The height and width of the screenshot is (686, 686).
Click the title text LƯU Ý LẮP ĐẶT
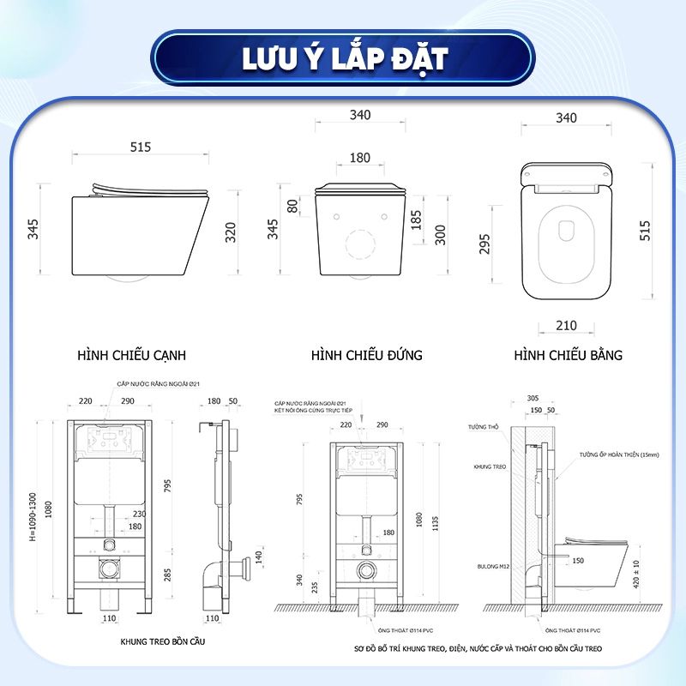(342, 58)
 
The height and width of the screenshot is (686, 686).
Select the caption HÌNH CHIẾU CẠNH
(132, 354)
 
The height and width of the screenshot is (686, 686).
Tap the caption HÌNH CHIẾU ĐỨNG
(367, 354)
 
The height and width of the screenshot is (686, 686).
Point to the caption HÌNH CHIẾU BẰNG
(569, 354)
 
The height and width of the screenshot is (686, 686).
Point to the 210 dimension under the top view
(566, 326)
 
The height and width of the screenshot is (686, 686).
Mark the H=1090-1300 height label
(33, 516)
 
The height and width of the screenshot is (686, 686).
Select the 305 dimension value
(532, 398)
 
